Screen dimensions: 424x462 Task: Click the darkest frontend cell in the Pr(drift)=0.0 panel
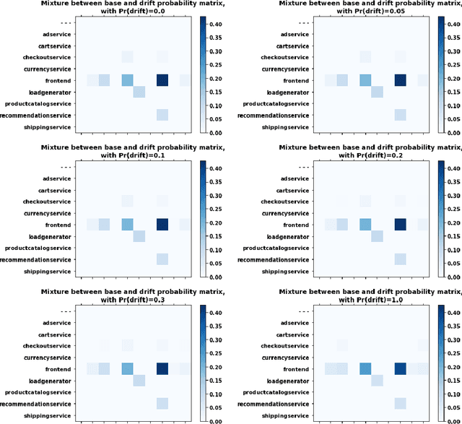[x=162, y=80]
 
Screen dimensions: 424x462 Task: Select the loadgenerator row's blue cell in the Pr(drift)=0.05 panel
[x=377, y=92]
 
